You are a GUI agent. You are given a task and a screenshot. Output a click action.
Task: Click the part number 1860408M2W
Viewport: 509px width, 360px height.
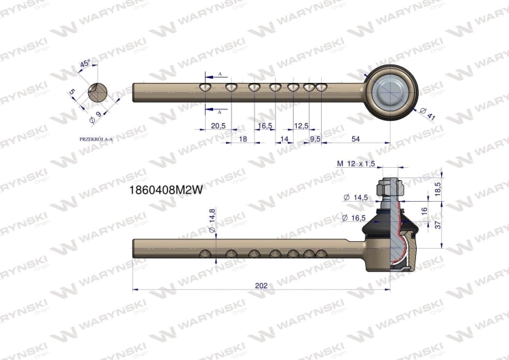point(166,190)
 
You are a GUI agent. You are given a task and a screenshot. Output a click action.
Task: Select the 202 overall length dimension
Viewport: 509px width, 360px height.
point(261,285)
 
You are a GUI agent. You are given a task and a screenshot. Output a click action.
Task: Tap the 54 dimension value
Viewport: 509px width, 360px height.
point(356,139)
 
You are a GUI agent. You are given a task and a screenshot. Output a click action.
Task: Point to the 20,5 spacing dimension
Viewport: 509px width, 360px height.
point(218,126)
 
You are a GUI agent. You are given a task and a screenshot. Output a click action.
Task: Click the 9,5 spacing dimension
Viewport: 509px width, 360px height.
point(315,139)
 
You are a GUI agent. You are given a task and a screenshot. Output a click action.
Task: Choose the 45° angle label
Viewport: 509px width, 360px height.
point(85,63)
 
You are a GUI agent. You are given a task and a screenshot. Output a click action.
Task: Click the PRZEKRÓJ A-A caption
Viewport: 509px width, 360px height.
point(96,139)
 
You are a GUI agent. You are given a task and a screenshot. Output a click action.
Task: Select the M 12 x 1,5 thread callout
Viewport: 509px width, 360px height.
point(356,164)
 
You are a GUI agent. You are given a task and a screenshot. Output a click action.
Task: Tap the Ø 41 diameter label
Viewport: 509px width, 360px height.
point(427,113)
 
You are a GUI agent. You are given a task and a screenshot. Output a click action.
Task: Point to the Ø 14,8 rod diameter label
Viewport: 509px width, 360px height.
point(212,221)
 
